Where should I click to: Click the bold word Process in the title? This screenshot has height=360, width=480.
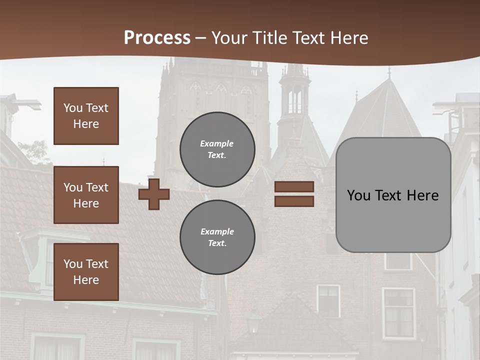click(x=157, y=38)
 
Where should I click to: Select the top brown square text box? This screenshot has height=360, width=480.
click(x=86, y=116)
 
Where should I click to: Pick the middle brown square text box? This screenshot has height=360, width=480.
click(x=86, y=195)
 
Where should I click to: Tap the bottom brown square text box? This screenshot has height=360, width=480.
click(x=86, y=272)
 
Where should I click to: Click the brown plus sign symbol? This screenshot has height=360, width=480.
click(x=154, y=194)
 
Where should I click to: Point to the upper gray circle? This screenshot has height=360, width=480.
click(x=217, y=149)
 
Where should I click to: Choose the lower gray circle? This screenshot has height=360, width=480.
click(x=217, y=237)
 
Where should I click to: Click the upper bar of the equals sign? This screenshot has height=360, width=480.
click(x=294, y=186)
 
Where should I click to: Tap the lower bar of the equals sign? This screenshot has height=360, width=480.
click(x=294, y=201)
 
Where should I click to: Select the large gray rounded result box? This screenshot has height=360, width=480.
click(x=393, y=195)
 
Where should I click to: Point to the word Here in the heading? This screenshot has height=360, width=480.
click(x=349, y=38)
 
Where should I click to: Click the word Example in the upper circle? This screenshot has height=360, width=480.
click(x=217, y=143)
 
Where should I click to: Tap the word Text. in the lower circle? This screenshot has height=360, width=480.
click(x=217, y=243)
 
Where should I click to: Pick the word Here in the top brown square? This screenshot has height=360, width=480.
click(x=86, y=124)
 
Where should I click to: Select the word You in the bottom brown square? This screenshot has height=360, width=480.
click(x=73, y=264)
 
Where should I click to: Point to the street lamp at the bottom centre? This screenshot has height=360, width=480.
click(x=254, y=320)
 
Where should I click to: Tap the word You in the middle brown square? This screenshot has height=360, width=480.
click(x=73, y=187)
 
